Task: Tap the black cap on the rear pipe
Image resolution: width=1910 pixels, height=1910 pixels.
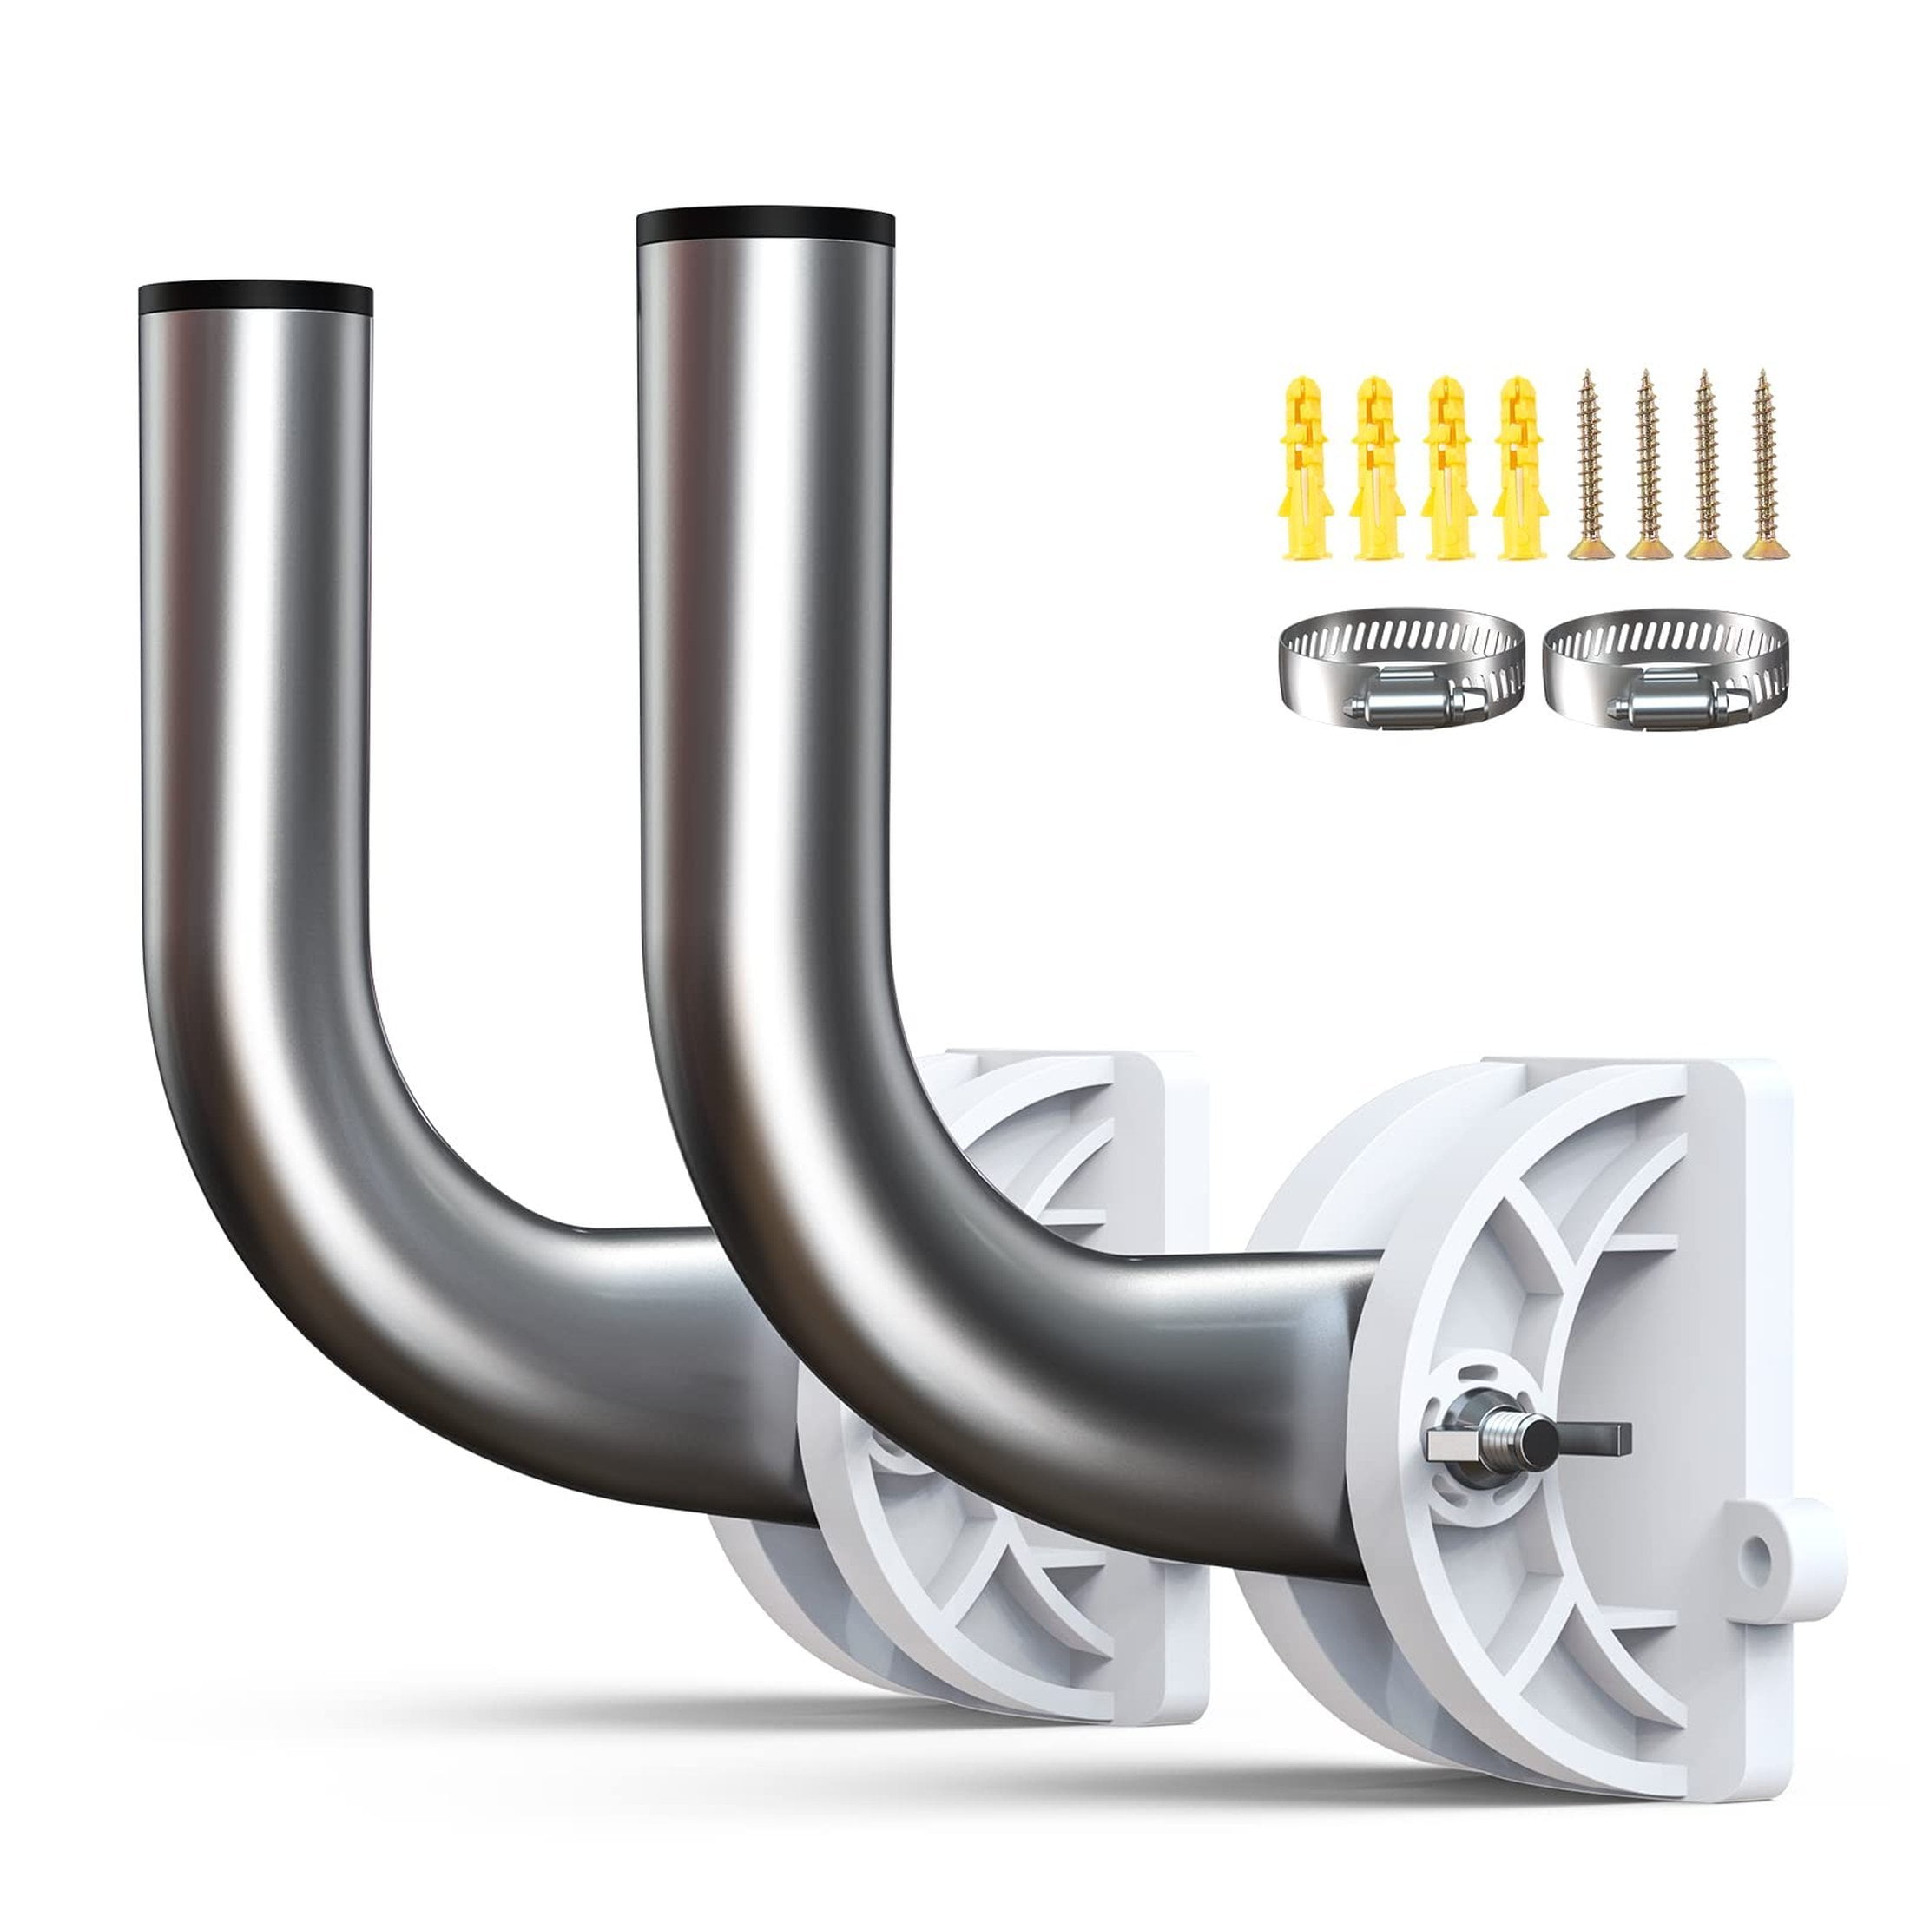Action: tap(255, 299)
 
